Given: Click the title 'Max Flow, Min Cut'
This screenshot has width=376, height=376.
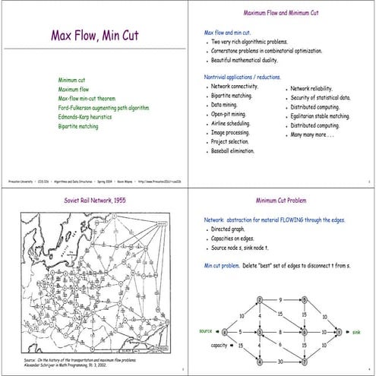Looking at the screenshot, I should coord(94,35).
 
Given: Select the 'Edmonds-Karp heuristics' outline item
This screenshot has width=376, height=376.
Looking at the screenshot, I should coord(86,117).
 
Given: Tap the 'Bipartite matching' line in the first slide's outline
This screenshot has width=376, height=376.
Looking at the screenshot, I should coord(78,126).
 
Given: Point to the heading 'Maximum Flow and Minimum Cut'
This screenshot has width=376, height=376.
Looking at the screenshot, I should coord(282,14).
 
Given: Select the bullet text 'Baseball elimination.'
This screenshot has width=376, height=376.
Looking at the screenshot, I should coord(232,150).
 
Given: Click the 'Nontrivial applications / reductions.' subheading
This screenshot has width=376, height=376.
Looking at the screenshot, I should coord(242,77).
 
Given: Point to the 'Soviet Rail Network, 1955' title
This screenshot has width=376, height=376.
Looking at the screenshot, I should coord(93,201).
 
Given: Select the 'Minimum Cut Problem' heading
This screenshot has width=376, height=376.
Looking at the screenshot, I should coord(282,201).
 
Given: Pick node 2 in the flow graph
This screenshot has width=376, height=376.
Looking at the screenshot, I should coord(260,301).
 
